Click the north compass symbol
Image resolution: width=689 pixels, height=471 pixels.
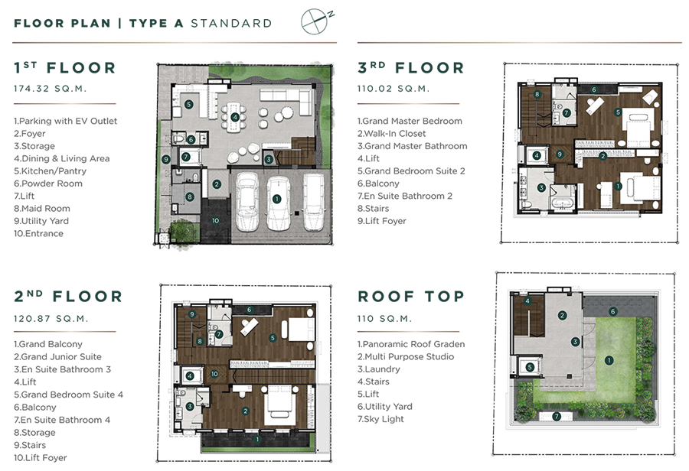pyautogui.click(x=315, y=21)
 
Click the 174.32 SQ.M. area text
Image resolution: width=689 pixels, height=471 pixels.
pyautogui.click(x=50, y=89)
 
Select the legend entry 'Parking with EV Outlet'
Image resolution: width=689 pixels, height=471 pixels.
pyautogui.click(x=66, y=121)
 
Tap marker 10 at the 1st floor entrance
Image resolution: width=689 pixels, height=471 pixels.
pyautogui.click(x=215, y=221)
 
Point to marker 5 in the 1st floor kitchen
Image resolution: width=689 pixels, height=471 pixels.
pyautogui.click(x=188, y=105)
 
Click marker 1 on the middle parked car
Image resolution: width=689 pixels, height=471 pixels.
pyautogui.click(x=276, y=199)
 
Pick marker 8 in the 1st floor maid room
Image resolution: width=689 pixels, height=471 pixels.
pyautogui.click(x=189, y=197)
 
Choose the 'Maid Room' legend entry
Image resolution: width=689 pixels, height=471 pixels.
pyautogui.click(x=42, y=209)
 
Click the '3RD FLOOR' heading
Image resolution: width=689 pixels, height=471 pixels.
pyautogui.click(x=411, y=68)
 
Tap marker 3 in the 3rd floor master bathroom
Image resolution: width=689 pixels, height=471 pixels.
pyautogui.click(x=541, y=188)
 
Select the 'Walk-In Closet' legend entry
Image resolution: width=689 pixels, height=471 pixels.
pyautogui.click(x=391, y=134)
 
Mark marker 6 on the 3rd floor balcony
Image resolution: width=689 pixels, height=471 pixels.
pyautogui.click(x=593, y=89)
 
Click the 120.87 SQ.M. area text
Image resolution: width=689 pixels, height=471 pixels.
pyautogui.click(x=51, y=319)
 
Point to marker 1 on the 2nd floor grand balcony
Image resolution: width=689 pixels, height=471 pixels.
pyautogui.click(x=257, y=439)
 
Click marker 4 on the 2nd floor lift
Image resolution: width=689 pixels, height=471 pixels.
pyautogui.click(x=189, y=375)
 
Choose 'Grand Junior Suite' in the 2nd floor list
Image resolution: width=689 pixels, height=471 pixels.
pyautogui.click(x=57, y=357)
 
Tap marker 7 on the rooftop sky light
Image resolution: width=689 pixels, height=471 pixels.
pyautogui.click(x=557, y=416)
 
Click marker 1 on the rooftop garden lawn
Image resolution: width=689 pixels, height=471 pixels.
pyautogui.click(x=609, y=360)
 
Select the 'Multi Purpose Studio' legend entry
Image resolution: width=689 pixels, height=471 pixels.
pyautogui.click(x=406, y=357)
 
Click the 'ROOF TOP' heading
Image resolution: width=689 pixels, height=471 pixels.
pyautogui.click(x=411, y=297)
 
